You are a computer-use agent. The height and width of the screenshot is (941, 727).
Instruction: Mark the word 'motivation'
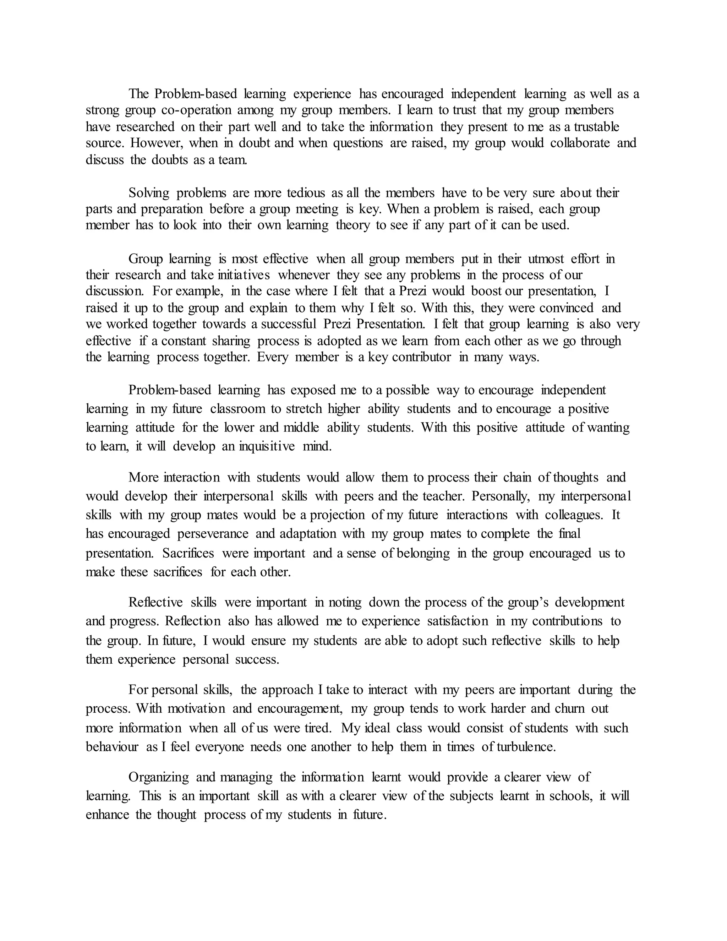tap(196, 709)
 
